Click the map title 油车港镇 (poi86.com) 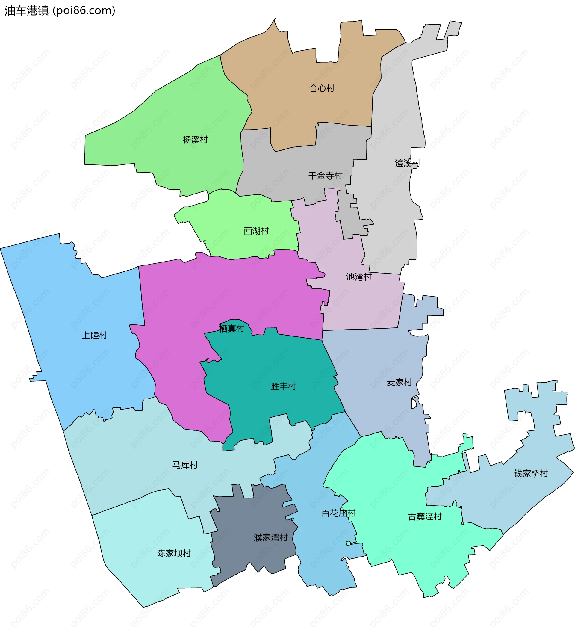[x=60, y=10]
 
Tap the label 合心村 [x=322, y=88]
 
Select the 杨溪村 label [x=195, y=140]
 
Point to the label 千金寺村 [x=325, y=176]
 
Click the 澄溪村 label [x=407, y=163]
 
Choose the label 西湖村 [x=256, y=231]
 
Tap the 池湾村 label [x=359, y=277]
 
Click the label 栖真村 [x=231, y=329]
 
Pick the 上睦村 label [x=94, y=335]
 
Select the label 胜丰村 [x=283, y=386]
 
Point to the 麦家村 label [x=399, y=382]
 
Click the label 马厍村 [x=185, y=465]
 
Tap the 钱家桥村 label [x=531, y=474]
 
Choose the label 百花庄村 [x=338, y=513]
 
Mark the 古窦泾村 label [x=425, y=517]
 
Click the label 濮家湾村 [x=271, y=537]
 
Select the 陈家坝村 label [x=174, y=553]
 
